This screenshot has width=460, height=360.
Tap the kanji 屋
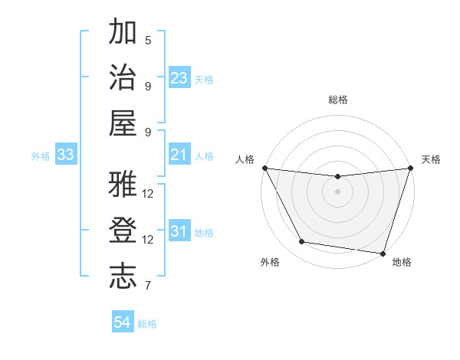(x=123, y=123)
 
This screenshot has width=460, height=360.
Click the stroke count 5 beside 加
(x=148, y=40)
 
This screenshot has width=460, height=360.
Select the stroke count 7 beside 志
(x=148, y=286)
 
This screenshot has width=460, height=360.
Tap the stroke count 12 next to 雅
(x=148, y=193)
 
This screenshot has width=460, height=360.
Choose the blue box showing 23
(x=179, y=78)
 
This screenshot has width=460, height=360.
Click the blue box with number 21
(x=179, y=155)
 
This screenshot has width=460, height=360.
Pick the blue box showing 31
(x=179, y=231)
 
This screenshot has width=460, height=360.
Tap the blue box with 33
(x=65, y=155)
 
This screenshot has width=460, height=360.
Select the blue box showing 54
(x=123, y=322)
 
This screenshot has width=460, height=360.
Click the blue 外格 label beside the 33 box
(x=41, y=156)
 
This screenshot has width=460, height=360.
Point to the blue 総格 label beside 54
(x=147, y=324)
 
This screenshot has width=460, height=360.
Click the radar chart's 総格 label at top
(x=337, y=100)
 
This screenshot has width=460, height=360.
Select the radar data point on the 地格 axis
(x=383, y=253)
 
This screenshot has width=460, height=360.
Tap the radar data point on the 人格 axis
(x=264, y=168)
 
